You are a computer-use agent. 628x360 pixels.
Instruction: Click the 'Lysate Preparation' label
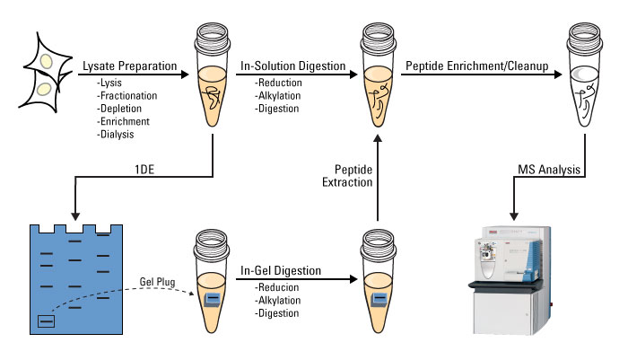(130, 66)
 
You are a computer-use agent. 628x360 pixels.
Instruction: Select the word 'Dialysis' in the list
(116, 135)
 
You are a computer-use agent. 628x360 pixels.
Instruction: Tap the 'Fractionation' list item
(127, 96)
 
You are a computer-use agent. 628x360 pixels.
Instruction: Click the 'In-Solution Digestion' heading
(292, 66)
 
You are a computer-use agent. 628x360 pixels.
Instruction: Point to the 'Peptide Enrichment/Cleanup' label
(477, 66)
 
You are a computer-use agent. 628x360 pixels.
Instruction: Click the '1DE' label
(144, 170)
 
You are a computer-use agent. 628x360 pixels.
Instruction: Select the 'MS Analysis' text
(549, 170)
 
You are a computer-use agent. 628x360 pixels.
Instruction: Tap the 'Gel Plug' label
(157, 282)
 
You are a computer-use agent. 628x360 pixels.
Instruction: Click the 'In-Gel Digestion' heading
(281, 271)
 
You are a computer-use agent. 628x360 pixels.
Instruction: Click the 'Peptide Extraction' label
(347, 176)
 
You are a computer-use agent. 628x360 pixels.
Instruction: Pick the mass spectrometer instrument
(510, 280)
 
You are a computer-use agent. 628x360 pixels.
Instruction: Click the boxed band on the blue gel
(46, 321)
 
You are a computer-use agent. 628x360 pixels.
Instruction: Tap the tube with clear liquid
(584, 75)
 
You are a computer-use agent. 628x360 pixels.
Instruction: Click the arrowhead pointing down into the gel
(74, 215)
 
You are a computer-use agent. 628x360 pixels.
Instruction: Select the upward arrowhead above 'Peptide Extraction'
(378, 139)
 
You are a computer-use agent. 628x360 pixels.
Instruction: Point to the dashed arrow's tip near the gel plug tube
(192, 293)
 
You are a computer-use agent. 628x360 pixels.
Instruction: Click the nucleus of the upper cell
(47, 61)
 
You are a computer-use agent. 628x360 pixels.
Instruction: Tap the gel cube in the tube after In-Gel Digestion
(379, 300)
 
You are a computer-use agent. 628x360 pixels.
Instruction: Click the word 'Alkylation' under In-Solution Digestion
(279, 96)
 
